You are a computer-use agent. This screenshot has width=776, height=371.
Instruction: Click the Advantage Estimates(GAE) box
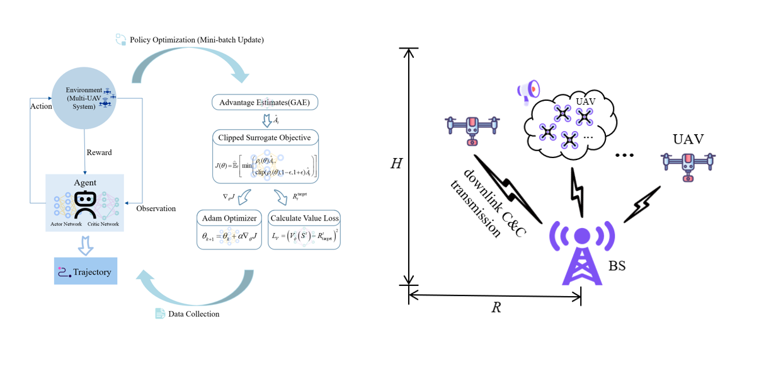pyautogui.click(x=265, y=103)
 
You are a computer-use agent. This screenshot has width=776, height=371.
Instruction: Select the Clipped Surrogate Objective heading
pyautogui.click(x=265, y=137)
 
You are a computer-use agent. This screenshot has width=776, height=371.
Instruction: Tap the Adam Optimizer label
pyautogui.click(x=228, y=219)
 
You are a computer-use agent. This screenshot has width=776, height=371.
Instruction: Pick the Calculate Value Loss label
pyautogui.click(x=304, y=219)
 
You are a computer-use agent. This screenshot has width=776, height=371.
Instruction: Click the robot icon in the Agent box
pyautogui.click(x=85, y=203)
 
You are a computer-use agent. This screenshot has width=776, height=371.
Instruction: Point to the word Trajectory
pyautogui.click(x=92, y=272)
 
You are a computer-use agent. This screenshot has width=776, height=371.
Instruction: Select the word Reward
pyautogui.click(x=99, y=152)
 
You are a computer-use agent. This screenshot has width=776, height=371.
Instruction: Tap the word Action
pyautogui.click(x=41, y=106)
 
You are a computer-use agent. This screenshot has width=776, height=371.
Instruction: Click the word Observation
pyautogui.click(x=156, y=208)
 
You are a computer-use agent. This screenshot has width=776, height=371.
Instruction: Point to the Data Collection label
pyautogui.click(x=193, y=314)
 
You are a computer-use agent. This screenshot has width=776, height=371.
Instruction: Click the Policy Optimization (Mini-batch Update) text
pyautogui.click(x=197, y=40)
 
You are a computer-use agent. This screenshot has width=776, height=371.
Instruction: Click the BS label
pyautogui.click(x=617, y=266)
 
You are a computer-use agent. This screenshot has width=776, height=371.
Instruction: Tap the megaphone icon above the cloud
pyautogui.click(x=528, y=91)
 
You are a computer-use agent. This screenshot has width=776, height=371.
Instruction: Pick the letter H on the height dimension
pyautogui.click(x=396, y=164)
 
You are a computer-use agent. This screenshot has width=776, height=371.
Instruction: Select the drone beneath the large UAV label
pyautogui.click(x=688, y=166)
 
